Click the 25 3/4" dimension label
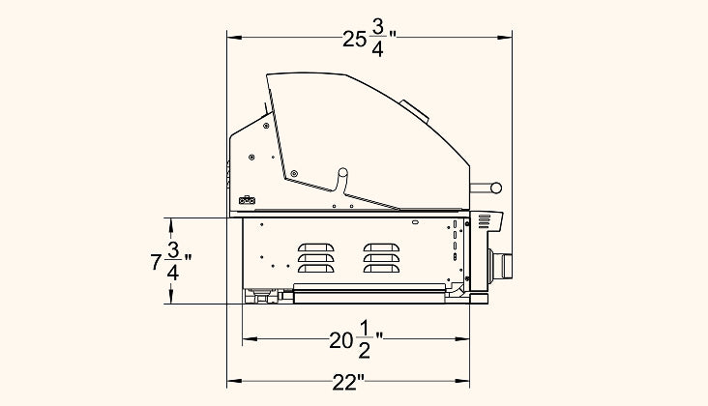[x=369, y=39]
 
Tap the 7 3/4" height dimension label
[x=170, y=261]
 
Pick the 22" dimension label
[x=348, y=383]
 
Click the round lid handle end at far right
[x=496, y=188]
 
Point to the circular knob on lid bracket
[x=342, y=172]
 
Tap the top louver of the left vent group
[x=316, y=247]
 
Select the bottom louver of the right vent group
[x=381, y=269]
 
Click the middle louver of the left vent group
[x=316, y=258]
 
